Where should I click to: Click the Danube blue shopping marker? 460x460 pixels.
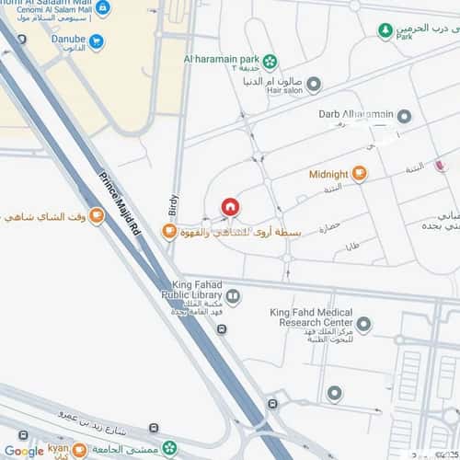[97, 41]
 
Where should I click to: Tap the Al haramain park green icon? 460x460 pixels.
[270, 63]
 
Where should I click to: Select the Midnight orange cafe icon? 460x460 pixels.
[359, 173]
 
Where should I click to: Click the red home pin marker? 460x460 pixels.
[230, 207]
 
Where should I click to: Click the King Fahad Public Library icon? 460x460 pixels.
[233, 296]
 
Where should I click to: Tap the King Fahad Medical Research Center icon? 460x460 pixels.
[364, 324]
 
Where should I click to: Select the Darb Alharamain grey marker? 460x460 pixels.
[405, 116]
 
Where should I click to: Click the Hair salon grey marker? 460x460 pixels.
[314, 86]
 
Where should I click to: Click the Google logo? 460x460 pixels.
[24, 451]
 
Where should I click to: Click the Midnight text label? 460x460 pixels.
[328, 174]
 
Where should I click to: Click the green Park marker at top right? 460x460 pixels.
[385, 31]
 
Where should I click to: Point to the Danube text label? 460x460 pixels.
[64, 41]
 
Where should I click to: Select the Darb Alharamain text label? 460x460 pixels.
[355, 114]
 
